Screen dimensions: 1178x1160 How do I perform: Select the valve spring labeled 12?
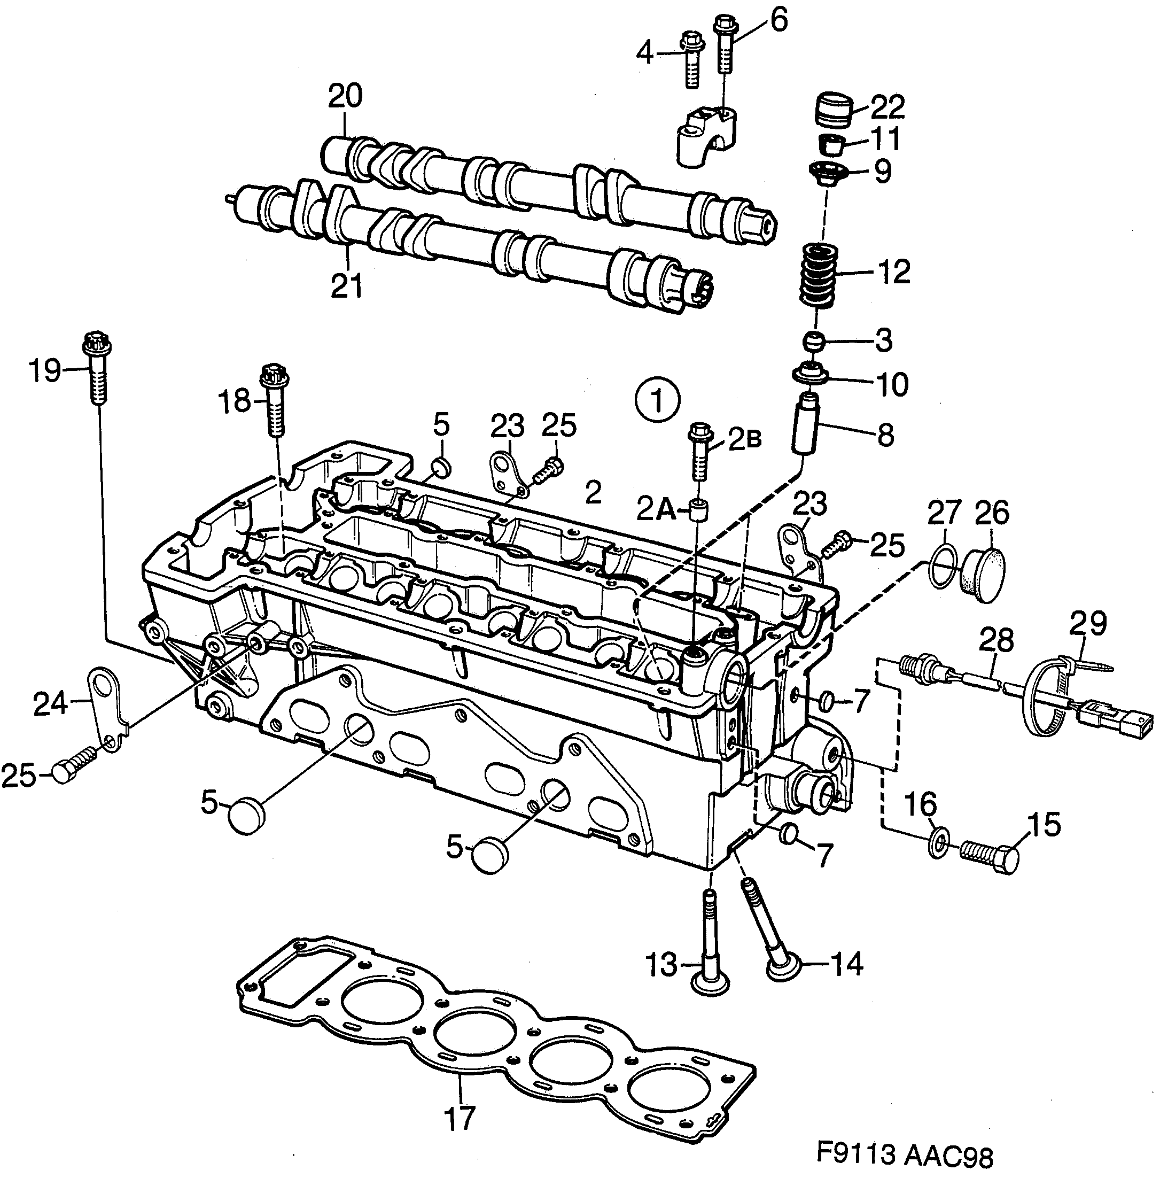818,275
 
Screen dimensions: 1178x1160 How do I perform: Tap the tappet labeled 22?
832,110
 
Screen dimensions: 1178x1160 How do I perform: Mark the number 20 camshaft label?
346,96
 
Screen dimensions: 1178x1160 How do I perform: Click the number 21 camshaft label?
347,285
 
